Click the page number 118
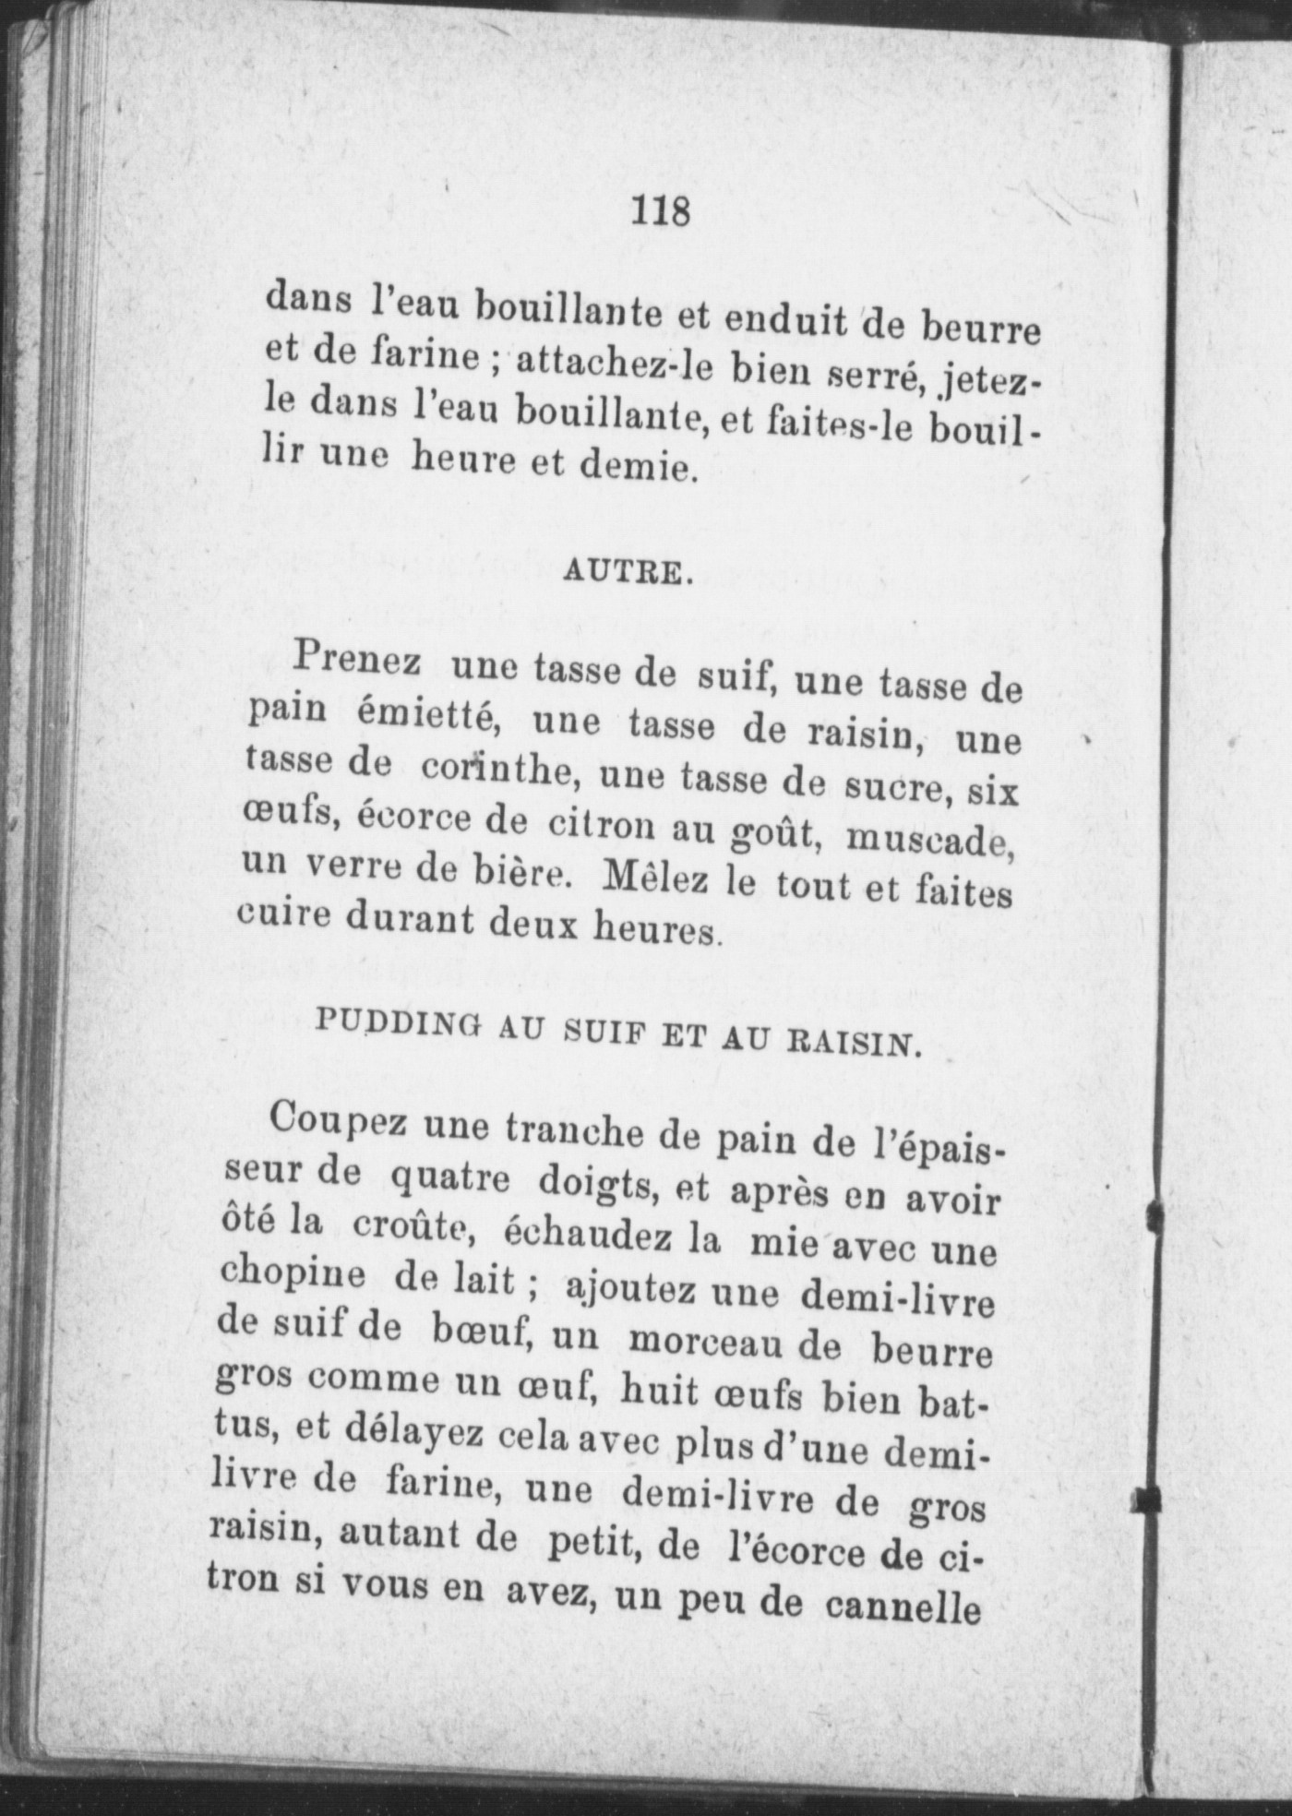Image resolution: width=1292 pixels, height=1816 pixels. tap(661, 212)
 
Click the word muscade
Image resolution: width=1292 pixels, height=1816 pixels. tap(930, 838)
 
